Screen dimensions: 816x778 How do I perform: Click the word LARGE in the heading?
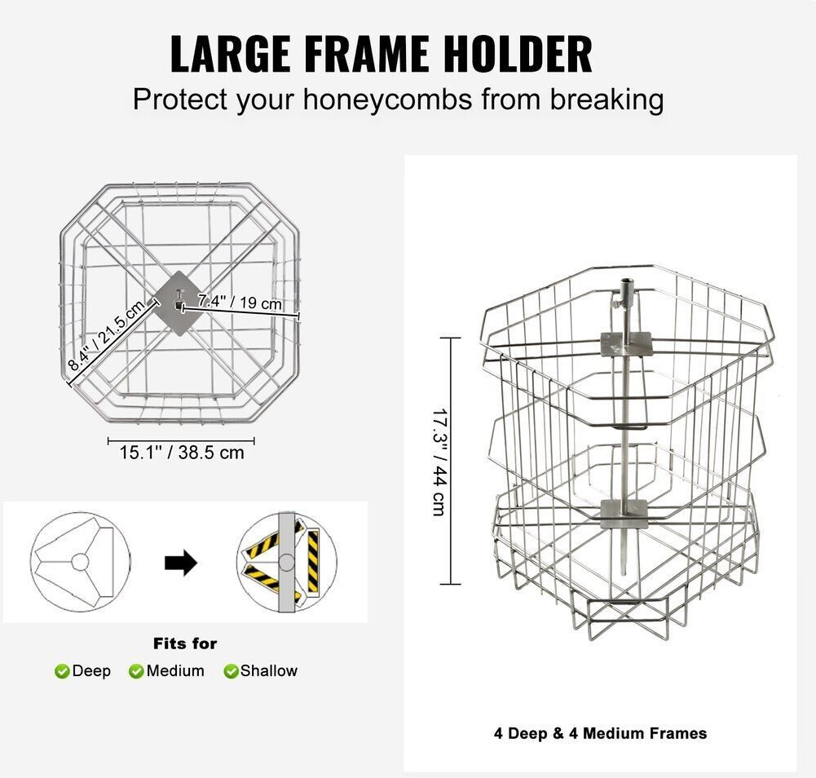coord(230,54)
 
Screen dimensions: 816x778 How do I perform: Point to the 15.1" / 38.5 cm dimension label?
coord(182,452)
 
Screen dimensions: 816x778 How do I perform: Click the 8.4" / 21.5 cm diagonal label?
coord(106,337)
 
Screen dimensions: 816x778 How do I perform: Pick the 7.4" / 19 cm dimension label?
coord(240,302)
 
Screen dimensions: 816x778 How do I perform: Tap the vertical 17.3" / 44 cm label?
coord(439,462)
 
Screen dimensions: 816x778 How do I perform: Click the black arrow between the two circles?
coord(181,563)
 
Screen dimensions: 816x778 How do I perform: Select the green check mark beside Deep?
coord(62,671)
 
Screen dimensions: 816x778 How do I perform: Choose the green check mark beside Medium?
coord(136,671)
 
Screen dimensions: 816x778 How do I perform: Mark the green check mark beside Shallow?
coord(231,671)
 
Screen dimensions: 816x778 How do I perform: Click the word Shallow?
coord(268,670)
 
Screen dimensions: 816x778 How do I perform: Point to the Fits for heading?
coord(185,643)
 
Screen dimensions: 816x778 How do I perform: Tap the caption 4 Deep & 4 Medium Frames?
coord(601,734)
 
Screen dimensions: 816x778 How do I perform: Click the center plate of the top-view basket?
coord(179,303)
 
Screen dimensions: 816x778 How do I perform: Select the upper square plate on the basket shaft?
coord(626,343)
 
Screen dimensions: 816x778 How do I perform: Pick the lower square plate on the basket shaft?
coord(624,514)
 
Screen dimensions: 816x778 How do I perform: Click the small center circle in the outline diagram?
coord(80,562)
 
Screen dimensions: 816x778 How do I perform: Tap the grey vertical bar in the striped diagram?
coord(286,563)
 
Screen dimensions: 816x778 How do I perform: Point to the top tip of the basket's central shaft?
coord(625,281)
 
